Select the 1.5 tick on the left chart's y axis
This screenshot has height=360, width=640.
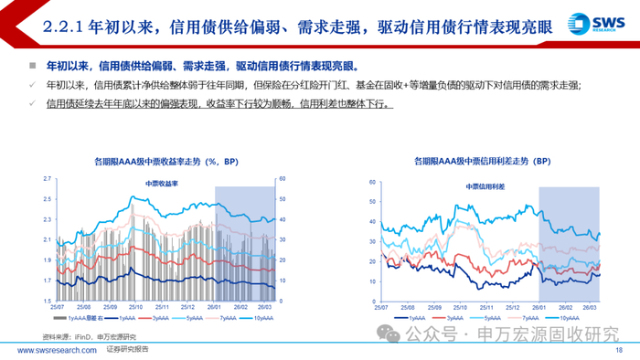tap(46, 302)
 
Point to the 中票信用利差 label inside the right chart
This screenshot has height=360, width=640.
tap(485, 185)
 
